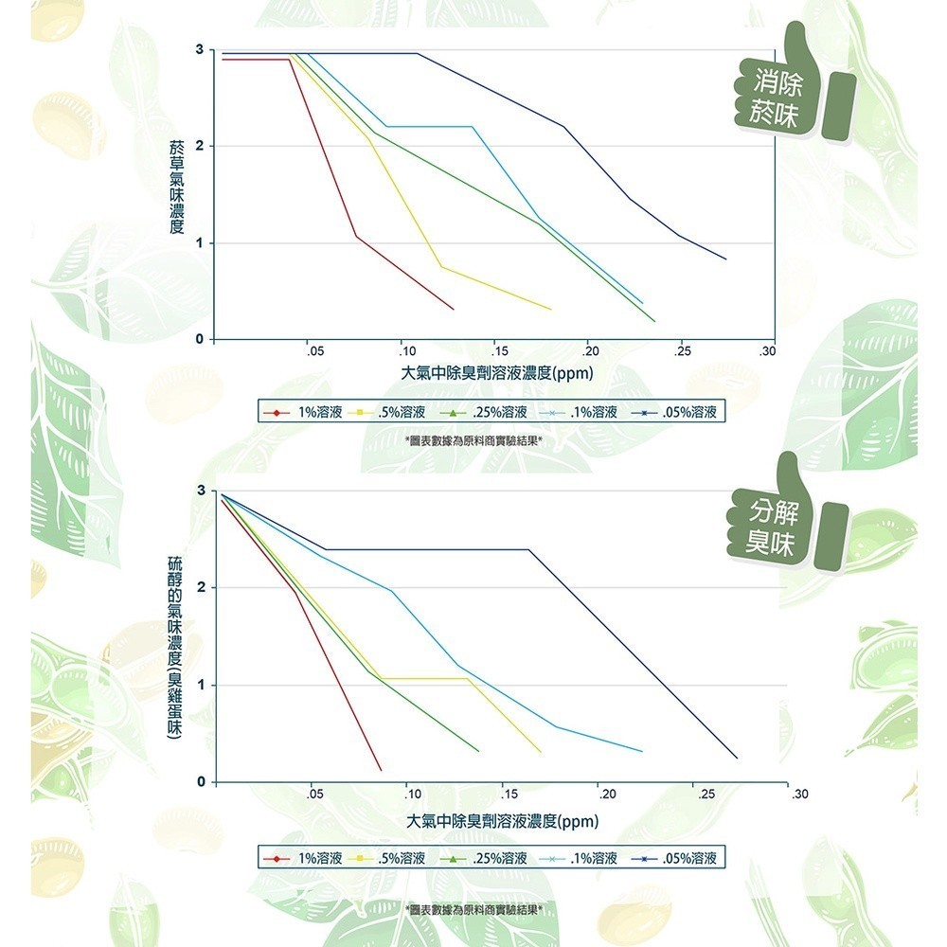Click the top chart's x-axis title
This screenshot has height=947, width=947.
(x=497, y=373)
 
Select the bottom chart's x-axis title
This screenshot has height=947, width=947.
(x=502, y=820)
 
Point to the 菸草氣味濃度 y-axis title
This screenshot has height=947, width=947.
(x=176, y=188)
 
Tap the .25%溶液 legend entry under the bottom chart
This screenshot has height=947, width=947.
(x=487, y=858)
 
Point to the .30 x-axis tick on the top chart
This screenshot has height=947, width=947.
(x=768, y=351)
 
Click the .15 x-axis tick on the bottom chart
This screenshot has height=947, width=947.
(x=509, y=793)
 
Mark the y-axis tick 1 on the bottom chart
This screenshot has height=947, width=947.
(x=200, y=685)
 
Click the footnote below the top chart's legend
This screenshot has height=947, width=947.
(x=473, y=441)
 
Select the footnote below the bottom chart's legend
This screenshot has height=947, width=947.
(x=473, y=909)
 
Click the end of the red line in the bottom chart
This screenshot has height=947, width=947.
(x=381, y=770)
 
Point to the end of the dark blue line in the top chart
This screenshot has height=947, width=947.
(x=726, y=259)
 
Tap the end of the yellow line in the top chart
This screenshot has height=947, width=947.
(x=550, y=309)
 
